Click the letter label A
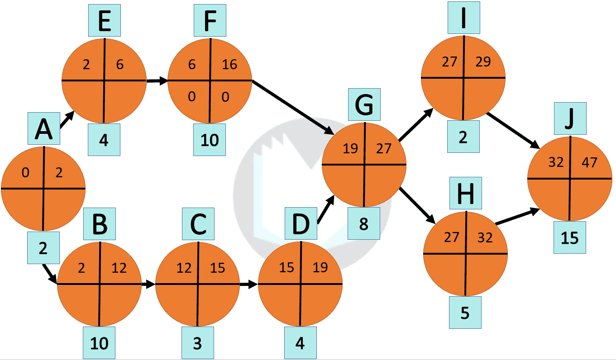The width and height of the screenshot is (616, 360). coord(43,129)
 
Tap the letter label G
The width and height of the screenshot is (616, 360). coord(364,105)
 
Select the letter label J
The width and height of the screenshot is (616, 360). coord(570,118)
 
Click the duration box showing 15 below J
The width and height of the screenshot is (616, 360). coord(570,237)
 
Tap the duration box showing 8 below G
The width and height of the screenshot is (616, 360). coord(363,223)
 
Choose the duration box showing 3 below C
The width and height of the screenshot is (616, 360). coord(197,343)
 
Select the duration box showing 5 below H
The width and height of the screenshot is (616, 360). coord(465,313)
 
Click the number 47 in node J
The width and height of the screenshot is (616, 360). coord(589,162)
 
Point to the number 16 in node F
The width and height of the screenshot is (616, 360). coord(229,65)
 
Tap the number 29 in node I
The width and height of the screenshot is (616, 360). coord(483,62)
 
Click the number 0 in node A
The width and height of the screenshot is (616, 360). coord(25,172)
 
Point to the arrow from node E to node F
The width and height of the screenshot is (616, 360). coord(157,81)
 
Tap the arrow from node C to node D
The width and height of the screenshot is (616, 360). coord(248,284)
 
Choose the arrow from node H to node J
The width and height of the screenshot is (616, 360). coord(517,217)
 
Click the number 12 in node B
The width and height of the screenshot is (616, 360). coord(119,268)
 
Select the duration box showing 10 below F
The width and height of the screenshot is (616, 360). coord(210,140)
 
